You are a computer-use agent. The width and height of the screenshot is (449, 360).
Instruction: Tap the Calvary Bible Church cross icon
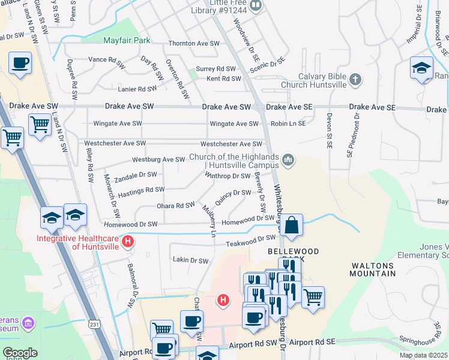click(355, 79)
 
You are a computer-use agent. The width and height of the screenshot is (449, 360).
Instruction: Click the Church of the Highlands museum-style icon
click(289, 159)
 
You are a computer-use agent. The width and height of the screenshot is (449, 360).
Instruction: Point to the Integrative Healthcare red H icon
click(127, 242)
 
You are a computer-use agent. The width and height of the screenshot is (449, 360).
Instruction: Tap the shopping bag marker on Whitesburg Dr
click(292, 226)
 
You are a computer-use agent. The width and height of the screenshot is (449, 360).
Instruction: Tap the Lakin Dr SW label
click(190, 261)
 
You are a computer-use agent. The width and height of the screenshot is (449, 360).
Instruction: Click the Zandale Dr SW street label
click(136, 176)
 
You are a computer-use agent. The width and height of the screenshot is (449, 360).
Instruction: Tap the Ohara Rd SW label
click(175, 205)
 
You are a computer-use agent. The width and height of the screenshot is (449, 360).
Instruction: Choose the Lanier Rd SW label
click(139, 89)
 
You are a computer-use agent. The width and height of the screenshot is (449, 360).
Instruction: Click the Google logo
click(20, 353)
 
